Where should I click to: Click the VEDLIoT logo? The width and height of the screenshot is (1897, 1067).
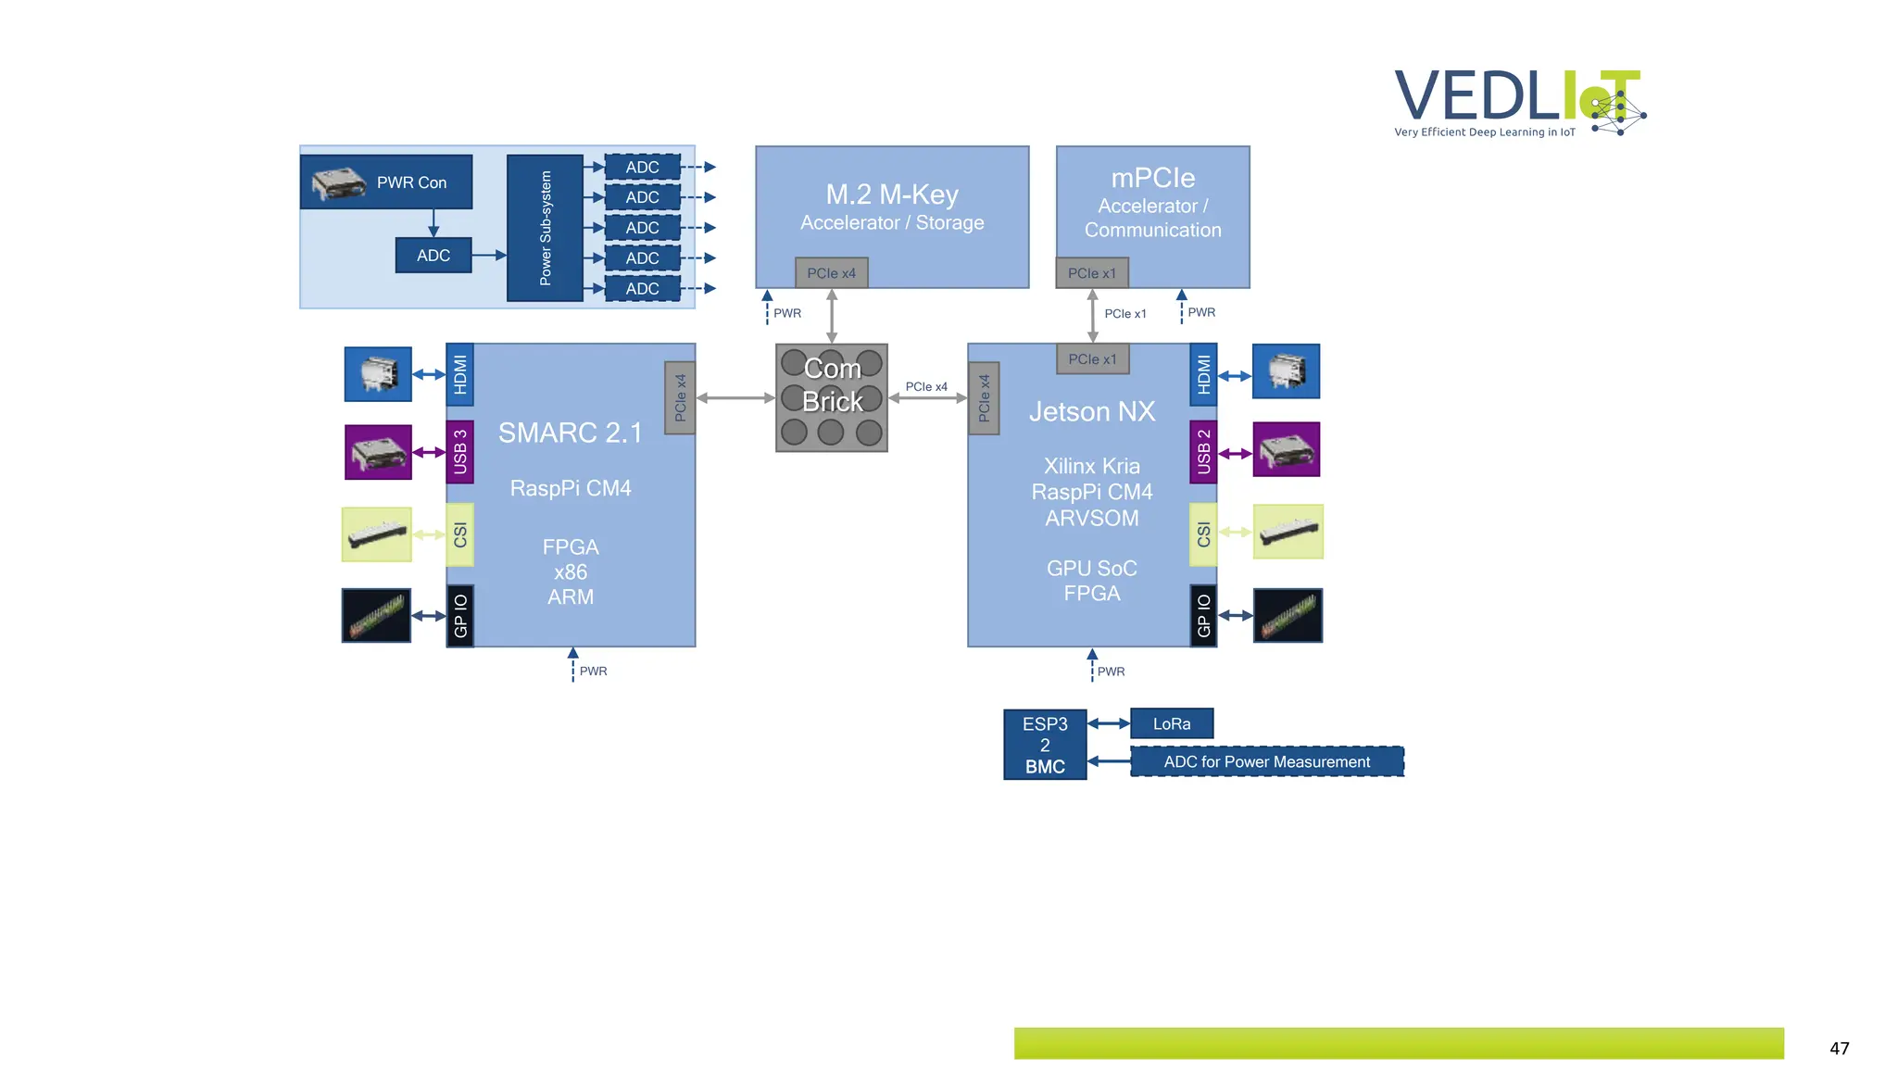pos(1519,102)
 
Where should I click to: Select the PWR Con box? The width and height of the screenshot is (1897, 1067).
pos(386,182)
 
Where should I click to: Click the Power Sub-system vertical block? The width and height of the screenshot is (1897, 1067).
pos(545,228)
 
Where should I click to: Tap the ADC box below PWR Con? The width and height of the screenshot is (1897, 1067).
pos(433,256)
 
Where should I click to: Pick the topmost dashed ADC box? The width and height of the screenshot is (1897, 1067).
pos(642,168)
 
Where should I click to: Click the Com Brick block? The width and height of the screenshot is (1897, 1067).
pos(831,398)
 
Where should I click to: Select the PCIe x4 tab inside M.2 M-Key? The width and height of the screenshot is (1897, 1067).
pos(831,273)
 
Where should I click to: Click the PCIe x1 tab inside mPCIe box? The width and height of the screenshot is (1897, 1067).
pos(1092,273)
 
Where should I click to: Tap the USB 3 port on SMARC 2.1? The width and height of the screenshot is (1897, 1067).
pos(460,452)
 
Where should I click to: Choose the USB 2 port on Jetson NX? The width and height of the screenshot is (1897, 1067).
pos(1203,452)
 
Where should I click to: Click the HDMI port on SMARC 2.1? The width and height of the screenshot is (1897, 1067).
pos(460,375)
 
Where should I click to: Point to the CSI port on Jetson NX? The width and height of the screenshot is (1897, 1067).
pos(1203,534)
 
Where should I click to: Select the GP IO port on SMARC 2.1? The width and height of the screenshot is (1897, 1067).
pos(460,615)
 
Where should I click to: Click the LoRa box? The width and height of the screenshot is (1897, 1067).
pos(1172,723)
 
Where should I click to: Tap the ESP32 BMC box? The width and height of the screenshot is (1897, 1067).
pos(1045,745)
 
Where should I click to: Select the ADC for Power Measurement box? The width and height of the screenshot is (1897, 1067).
pos(1266,761)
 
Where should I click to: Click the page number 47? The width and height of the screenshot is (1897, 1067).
pos(1839,1048)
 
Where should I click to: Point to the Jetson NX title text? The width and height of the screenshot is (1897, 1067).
pos(1092,412)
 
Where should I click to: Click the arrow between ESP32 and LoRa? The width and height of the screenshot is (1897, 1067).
pos(1109,723)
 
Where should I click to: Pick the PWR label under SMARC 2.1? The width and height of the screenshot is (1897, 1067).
pos(593,672)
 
